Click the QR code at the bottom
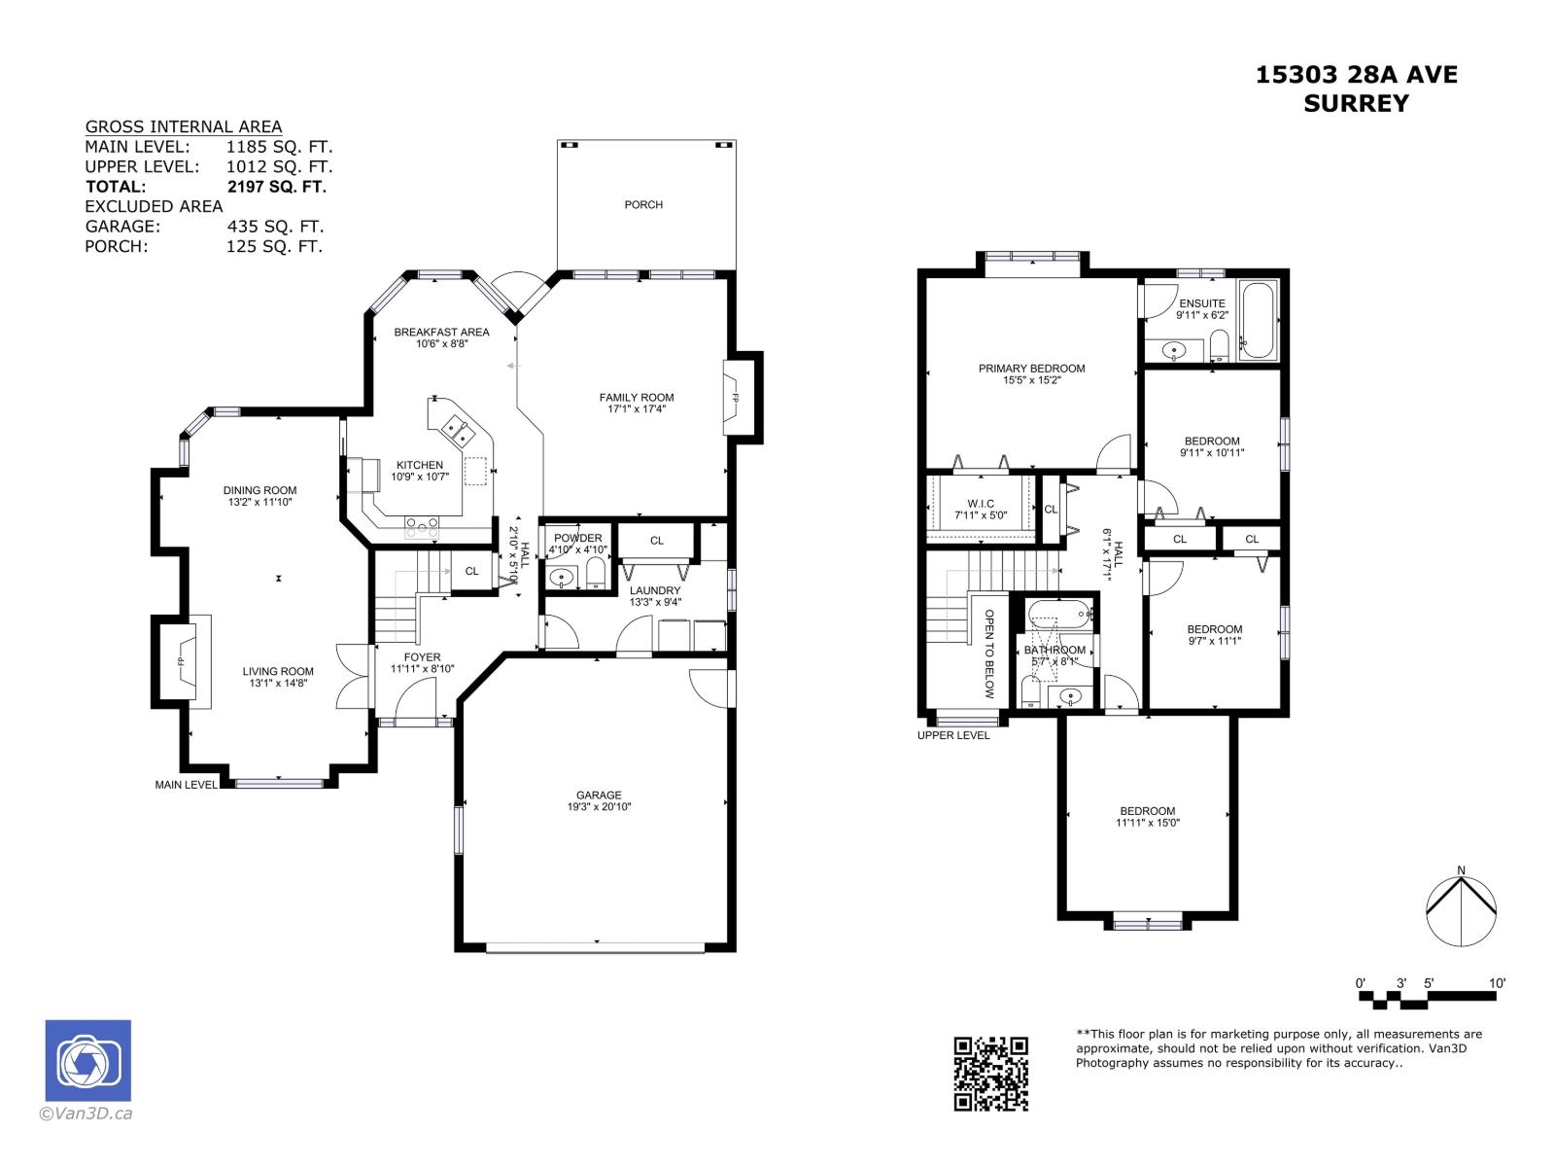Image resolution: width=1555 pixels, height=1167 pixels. pos(990,1073)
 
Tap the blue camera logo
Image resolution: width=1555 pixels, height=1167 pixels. pos(87,1061)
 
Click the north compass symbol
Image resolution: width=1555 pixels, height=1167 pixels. pos(1461,911)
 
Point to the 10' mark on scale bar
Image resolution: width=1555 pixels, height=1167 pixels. pos(1497,983)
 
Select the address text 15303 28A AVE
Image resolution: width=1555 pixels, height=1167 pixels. pos(1356,75)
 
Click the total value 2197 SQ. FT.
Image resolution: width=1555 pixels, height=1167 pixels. pos(276,187)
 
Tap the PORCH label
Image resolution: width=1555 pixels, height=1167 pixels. pos(643,204)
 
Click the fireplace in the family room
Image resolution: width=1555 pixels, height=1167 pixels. pos(735,397)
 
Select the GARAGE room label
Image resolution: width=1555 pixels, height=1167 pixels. pos(599,795)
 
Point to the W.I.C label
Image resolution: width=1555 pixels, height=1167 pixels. pos(981,504)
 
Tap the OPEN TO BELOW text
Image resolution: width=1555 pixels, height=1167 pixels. pos(989,654)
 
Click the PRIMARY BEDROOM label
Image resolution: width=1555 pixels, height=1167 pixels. pos(1031,368)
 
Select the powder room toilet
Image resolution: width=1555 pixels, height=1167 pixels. pos(596,577)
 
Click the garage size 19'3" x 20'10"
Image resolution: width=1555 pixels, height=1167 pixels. pos(599,807)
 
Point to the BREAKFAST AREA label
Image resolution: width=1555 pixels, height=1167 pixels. pos(441,332)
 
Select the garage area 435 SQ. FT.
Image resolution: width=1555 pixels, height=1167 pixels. pos(275,227)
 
